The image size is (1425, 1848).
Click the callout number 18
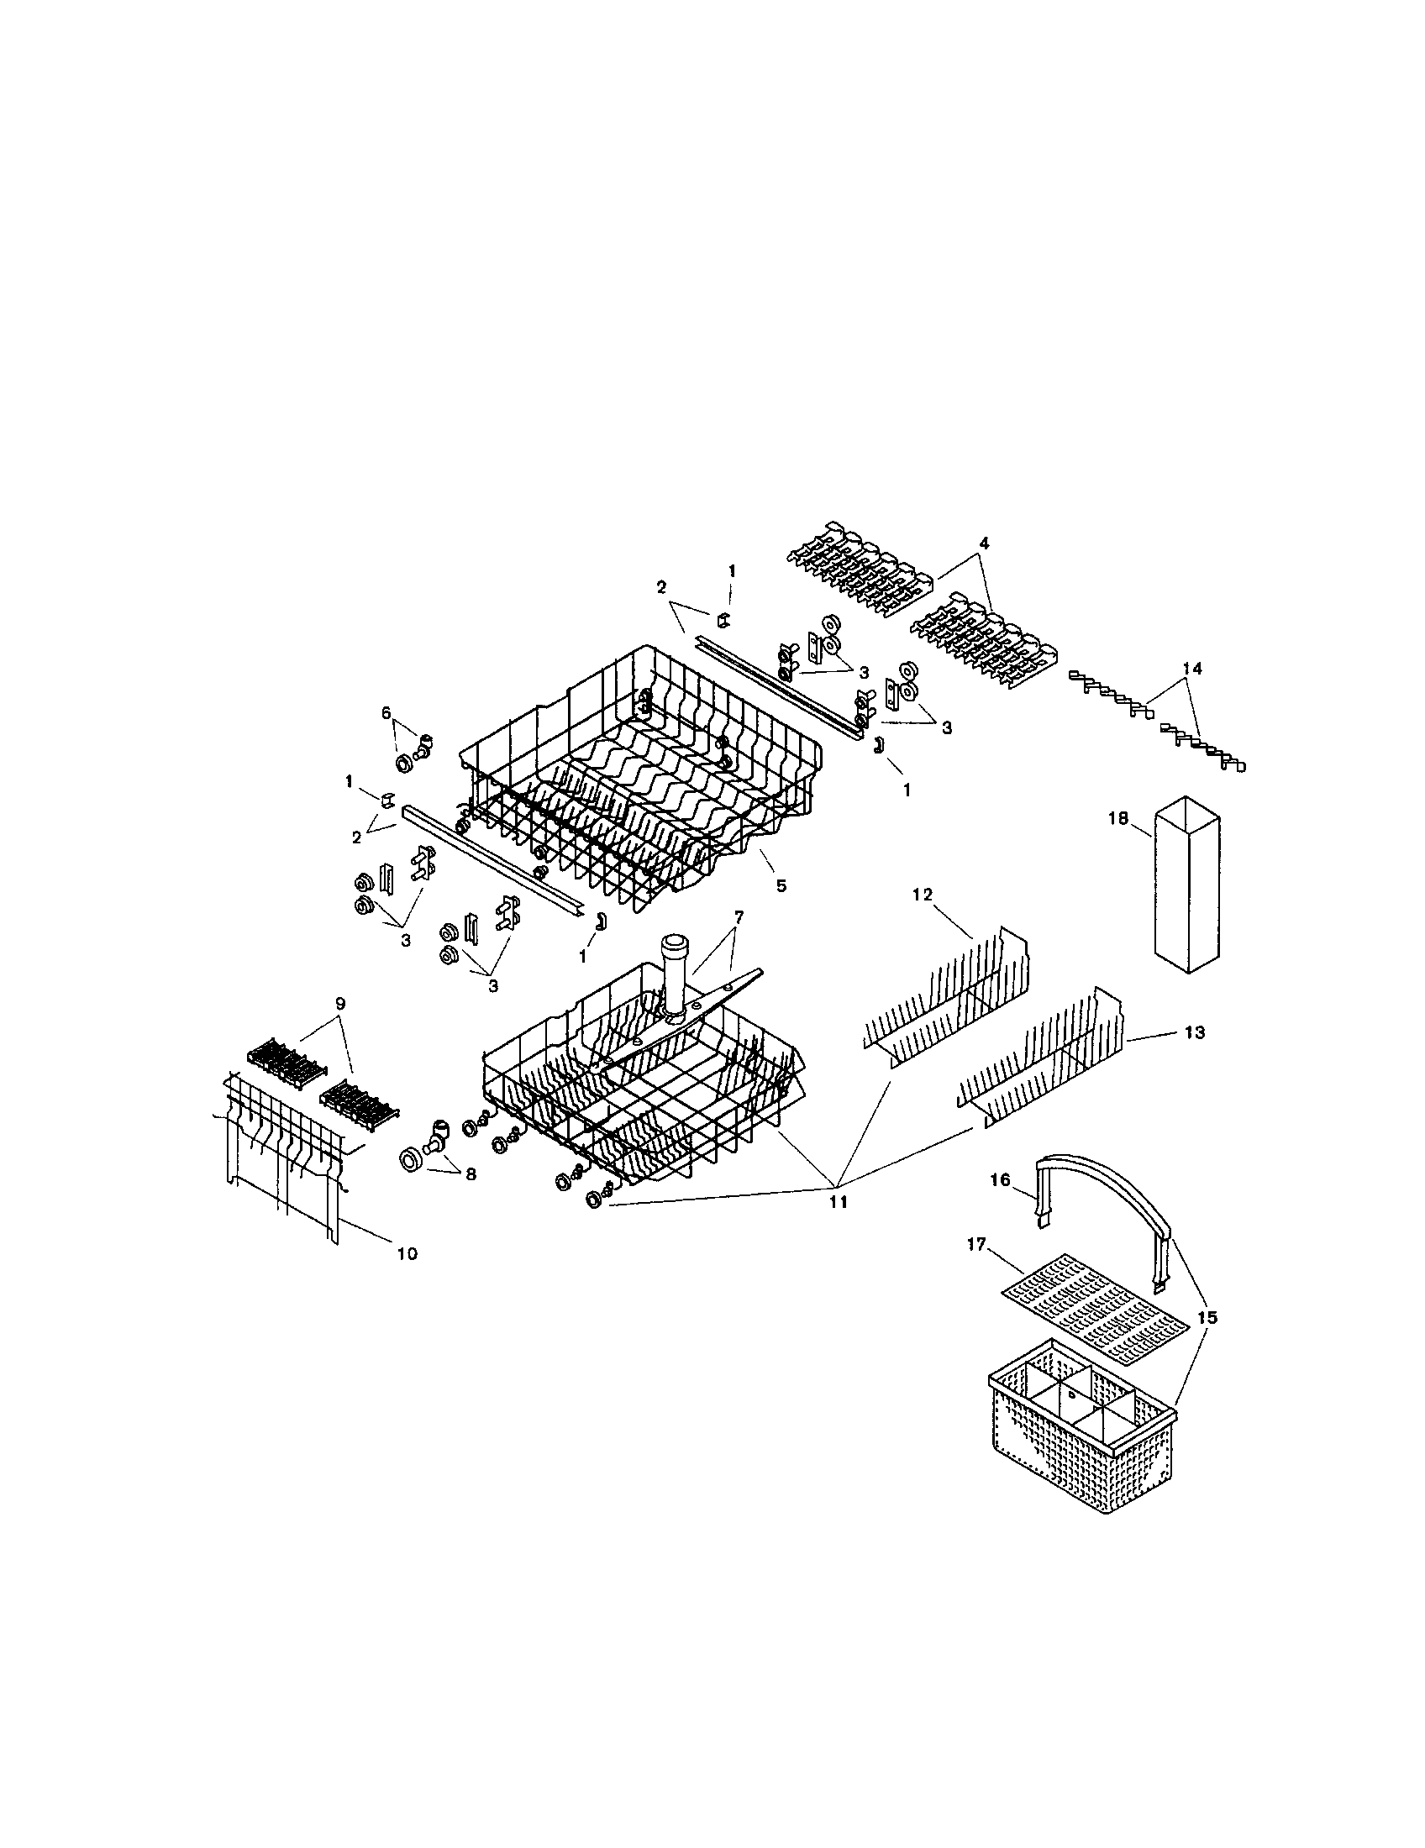coord(1117,818)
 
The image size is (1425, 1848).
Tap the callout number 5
coord(781,886)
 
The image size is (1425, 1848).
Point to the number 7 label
coord(739,916)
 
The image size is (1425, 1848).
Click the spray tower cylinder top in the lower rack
coord(675,941)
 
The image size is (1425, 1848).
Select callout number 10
coord(407,1254)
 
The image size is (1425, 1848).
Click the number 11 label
coord(837,1201)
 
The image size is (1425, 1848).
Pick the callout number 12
coord(922,895)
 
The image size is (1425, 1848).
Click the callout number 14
coord(1191,669)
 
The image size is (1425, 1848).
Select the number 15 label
coord(1207,1317)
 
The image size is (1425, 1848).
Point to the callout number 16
coord(999,1179)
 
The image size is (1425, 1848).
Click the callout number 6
coord(386,713)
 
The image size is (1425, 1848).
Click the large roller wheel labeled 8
coord(411,1159)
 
